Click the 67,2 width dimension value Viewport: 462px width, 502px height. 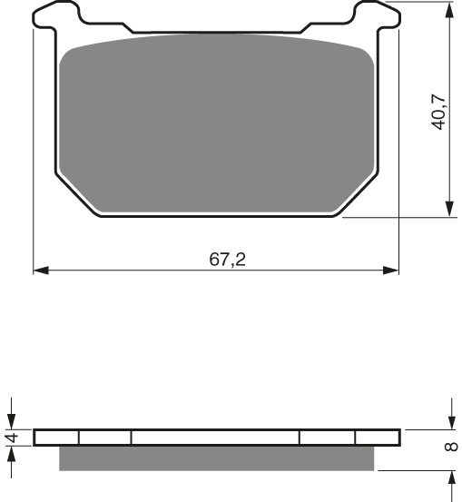228,260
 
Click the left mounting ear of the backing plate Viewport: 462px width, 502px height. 56,15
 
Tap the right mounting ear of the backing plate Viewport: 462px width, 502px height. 376,15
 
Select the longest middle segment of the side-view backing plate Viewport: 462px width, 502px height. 215,438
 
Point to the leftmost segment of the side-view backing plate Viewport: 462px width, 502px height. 56,438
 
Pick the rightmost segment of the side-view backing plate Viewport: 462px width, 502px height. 377,438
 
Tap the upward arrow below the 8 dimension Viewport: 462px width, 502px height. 451,478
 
